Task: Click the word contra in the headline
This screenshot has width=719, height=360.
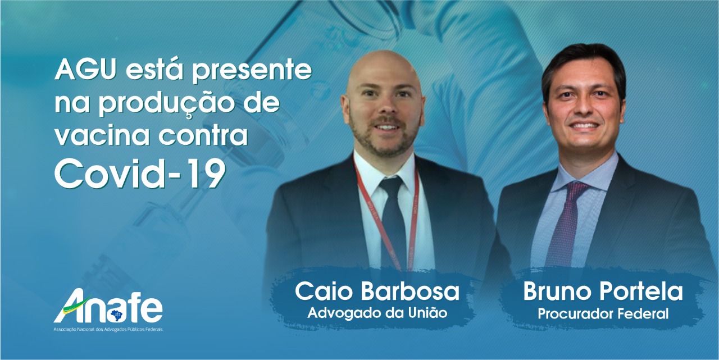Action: [203, 135]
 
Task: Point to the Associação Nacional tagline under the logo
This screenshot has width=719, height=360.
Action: [108, 330]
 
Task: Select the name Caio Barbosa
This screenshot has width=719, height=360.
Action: [377, 291]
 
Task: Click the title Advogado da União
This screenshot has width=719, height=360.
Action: [377, 313]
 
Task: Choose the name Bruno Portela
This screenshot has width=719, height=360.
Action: [603, 291]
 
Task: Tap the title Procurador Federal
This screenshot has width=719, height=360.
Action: [603, 314]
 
